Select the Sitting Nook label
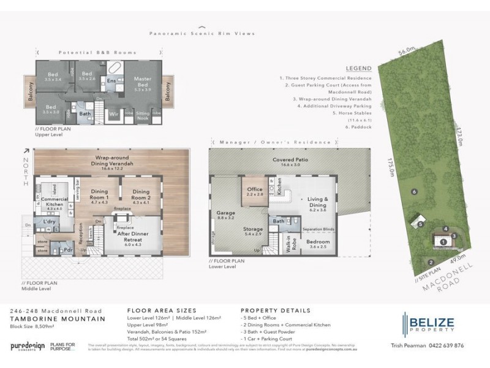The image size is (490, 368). [x=141, y=114]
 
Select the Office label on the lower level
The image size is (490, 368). [x=255, y=192]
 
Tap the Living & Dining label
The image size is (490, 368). [x=317, y=202]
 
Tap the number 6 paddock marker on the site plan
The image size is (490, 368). [x=415, y=192]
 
